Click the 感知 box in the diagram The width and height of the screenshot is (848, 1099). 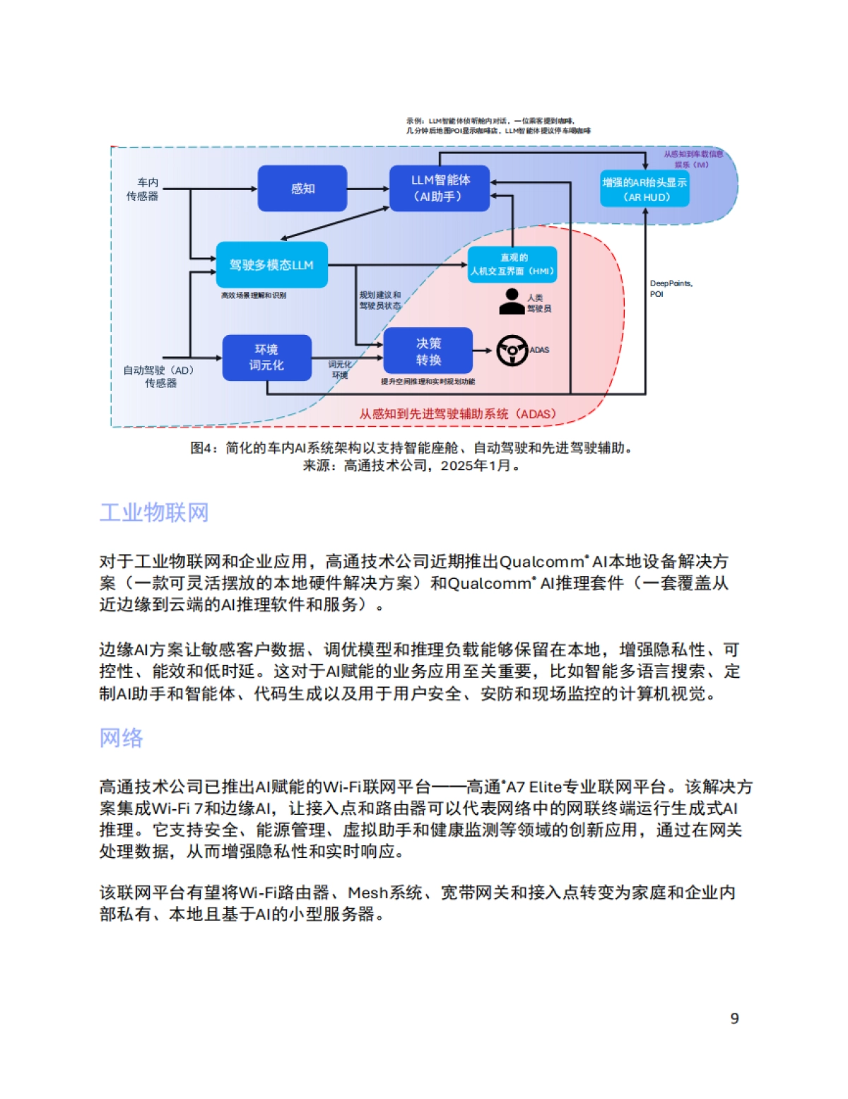(302, 189)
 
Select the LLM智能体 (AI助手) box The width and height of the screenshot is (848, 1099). (439, 189)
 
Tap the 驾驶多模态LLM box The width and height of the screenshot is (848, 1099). (271, 265)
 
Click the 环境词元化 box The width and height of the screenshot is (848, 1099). (266, 358)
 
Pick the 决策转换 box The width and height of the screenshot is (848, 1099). (428, 351)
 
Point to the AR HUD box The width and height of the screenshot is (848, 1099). (644, 189)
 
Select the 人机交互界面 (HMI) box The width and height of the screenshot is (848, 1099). (513, 264)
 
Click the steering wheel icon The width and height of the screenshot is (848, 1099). (512, 351)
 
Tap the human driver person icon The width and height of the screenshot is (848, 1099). (511, 302)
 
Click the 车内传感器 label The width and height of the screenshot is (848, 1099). (143, 189)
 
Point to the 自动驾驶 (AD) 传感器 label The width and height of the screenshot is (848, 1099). (159, 376)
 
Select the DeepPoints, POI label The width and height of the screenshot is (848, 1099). (670, 288)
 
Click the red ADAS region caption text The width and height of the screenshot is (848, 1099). (457, 414)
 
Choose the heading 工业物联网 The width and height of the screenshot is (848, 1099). (154, 512)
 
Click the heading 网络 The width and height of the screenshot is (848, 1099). (122, 738)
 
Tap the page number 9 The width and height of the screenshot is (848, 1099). (734, 1018)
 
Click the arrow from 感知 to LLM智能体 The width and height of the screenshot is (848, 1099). (368, 189)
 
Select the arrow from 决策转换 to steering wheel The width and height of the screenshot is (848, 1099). (482, 351)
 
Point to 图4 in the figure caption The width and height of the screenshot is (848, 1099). (204, 448)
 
